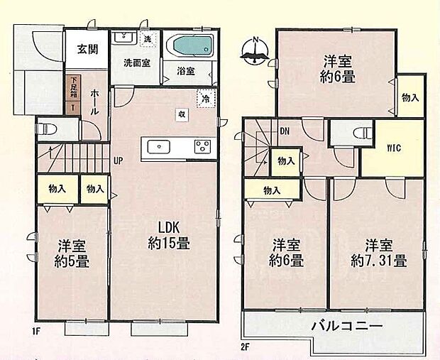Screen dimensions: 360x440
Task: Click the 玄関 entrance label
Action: coord(87,50)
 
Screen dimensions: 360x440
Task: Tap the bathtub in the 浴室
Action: coord(193,47)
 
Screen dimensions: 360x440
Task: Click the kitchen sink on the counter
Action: coord(158,147)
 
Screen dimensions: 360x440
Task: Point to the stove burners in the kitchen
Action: coord(202,147)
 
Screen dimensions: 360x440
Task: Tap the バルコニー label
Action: coord(347,327)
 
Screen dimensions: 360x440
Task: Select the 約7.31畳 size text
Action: coord(378,261)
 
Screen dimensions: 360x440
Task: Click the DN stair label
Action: coord(284,131)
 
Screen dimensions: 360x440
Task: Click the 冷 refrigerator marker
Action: coord(204,99)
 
